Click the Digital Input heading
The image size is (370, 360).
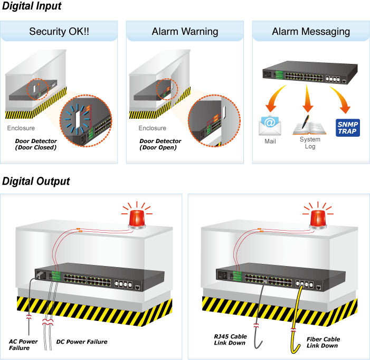tap(32, 6)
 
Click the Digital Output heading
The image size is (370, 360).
tap(36, 182)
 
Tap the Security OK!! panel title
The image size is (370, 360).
tap(59, 32)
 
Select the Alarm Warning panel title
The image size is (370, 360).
tap(185, 32)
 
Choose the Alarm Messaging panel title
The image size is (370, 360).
tap(311, 32)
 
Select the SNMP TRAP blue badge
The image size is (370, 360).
tap(347, 127)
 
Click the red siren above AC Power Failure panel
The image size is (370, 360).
tap(137, 217)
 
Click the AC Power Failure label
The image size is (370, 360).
tap(23, 345)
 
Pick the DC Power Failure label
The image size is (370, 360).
tap(82, 342)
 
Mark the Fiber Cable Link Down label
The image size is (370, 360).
tap(323, 343)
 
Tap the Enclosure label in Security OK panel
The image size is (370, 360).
tap(21, 128)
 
